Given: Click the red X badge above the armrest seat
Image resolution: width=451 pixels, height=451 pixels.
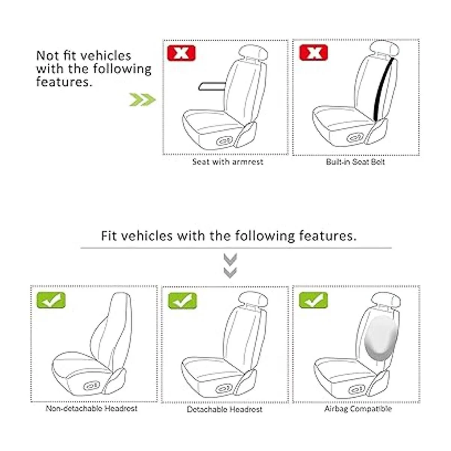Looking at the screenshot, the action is click(181, 53).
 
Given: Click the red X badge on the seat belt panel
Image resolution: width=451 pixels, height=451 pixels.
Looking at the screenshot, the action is click(313, 53).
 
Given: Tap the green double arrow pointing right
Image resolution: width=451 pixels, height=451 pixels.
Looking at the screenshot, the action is click(142, 100).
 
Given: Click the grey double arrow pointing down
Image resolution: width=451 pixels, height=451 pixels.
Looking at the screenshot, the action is click(230, 266).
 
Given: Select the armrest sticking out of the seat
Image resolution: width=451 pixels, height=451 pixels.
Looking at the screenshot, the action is click(212, 86).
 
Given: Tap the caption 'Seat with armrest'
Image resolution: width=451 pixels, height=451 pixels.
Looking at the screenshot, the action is click(227, 162).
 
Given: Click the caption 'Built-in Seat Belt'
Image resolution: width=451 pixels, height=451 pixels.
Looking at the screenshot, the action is click(355, 162).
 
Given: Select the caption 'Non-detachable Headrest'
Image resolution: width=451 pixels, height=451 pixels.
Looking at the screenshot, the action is click(91, 409).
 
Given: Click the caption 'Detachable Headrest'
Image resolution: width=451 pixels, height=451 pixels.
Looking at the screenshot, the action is click(224, 409).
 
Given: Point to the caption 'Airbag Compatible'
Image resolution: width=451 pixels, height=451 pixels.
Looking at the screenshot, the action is click(358, 409).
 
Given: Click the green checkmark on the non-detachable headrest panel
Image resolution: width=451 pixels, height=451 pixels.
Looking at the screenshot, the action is click(51, 300).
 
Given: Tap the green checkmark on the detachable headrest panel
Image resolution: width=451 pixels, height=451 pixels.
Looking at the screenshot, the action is click(183, 301).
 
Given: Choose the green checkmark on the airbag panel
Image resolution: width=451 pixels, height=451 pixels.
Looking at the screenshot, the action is click(313, 300).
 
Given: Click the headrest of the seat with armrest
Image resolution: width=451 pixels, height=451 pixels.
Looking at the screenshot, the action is click(253, 53).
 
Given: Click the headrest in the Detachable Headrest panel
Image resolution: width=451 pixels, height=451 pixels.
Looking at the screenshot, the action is click(253, 299).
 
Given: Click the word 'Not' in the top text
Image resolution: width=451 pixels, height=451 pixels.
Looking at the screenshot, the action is click(47, 56).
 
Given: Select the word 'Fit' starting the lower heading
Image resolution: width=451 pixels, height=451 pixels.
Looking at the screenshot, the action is click(109, 236).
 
